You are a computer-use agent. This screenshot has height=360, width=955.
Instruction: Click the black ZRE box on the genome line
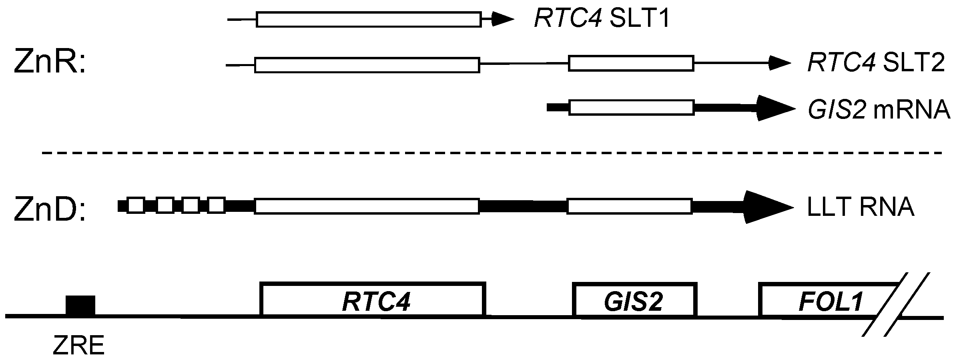[x=80, y=306]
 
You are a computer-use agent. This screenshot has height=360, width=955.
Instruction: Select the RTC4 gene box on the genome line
[x=373, y=300]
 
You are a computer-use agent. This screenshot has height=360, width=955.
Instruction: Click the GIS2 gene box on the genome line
[x=634, y=300]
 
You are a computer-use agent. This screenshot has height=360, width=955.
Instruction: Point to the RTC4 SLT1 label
[x=602, y=19]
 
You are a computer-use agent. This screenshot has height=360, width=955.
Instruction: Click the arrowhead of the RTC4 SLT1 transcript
[x=502, y=19]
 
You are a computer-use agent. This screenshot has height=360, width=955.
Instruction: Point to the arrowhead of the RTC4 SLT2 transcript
[x=778, y=63]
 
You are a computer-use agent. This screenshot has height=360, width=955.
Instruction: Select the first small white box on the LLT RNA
[x=135, y=206]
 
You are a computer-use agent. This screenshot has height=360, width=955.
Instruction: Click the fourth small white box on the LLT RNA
[x=217, y=206]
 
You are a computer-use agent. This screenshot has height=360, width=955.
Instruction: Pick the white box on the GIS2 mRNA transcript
[x=631, y=108]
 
